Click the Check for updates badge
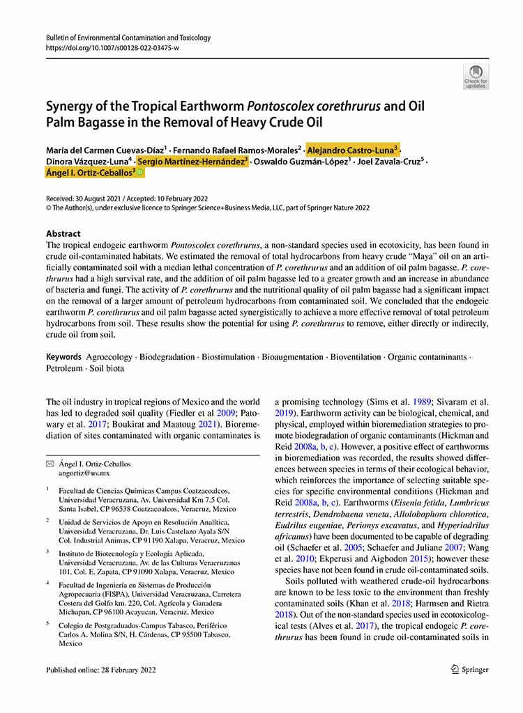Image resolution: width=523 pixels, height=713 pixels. pos(476,76)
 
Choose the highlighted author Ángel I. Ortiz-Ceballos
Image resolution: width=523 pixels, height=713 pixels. pos(91,174)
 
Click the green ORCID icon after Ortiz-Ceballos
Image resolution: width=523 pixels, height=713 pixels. pos(141,174)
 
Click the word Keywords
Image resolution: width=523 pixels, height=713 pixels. pos(64,357)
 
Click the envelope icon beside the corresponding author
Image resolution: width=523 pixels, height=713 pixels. pos(50,463)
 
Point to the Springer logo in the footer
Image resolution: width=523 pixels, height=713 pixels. pos(466,670)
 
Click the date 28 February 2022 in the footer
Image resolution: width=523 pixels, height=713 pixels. pos(127,670)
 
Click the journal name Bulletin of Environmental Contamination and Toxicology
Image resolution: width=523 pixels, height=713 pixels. pos(128,38)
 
